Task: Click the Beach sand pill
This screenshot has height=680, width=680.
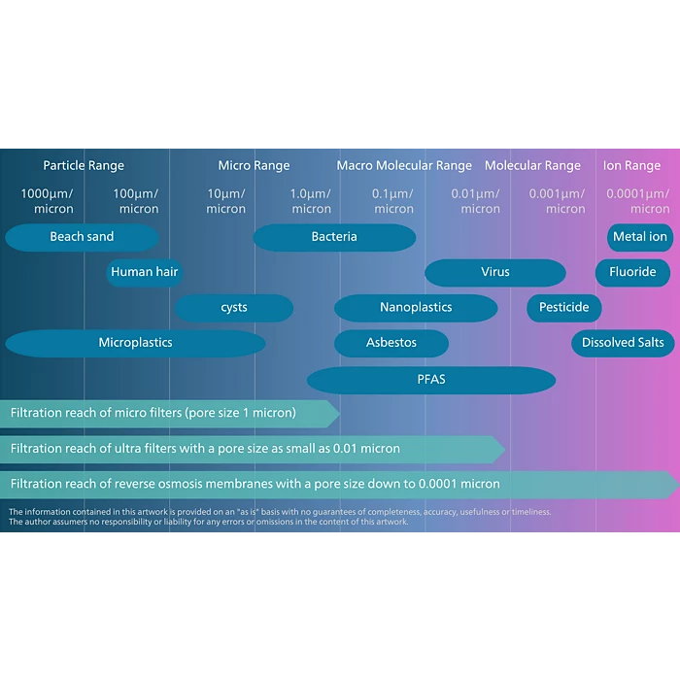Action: point(82,237)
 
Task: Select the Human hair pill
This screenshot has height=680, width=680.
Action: point(145,272)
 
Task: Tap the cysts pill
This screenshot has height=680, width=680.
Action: point(234,308)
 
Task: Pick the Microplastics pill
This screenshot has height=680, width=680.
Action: point(135,343)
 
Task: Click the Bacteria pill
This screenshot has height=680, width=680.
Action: point(334,237)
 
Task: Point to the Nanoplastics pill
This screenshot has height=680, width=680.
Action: point(416,308)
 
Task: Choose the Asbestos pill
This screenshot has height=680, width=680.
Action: point(391,343)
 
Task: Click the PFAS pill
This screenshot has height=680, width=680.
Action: point(431,379)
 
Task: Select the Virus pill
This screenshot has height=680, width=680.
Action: point(495,272)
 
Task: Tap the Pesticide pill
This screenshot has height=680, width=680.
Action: point(564,308)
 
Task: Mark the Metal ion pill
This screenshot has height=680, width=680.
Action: point(640,237)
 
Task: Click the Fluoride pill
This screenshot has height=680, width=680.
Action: point(632,272)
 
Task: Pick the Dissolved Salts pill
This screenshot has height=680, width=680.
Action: point(623,343)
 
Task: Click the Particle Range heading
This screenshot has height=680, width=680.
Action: point(84,166)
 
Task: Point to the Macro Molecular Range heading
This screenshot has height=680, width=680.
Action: point(404,166)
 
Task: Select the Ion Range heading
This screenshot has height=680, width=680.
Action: point(631,166)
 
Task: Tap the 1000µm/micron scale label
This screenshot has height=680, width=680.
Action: point(47,201)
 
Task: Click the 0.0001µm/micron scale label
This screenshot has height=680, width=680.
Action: point(638,201)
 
